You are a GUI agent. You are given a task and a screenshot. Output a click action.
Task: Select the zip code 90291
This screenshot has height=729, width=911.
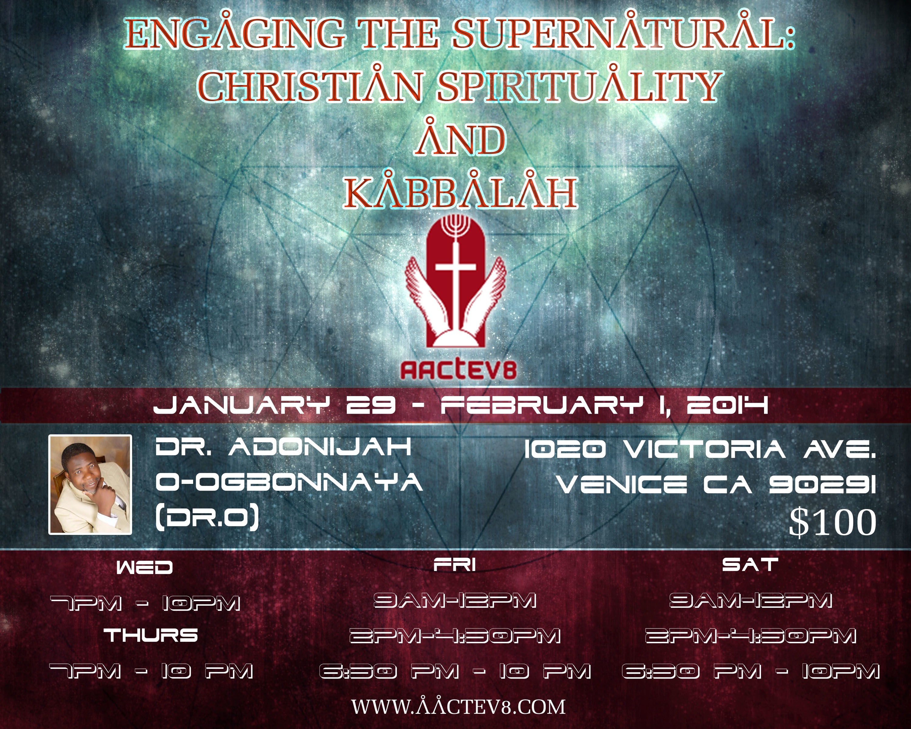pyautogui.click(x=822, y=484)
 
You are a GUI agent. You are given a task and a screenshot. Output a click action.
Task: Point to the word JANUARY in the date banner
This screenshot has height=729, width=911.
pyautogui.click(x=241, y=405)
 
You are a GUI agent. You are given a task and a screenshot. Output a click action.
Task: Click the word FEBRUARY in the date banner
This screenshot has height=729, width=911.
pyautogui.click(x=542, y=405)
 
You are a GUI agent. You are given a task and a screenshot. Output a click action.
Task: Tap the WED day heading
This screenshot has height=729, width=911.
pyautogui.click(x=145, y=567)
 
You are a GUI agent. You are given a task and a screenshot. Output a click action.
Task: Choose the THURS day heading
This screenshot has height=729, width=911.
pyautogui.click(x=151, y=635)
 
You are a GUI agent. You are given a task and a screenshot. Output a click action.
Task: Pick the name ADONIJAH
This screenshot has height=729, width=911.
pyautogui.click(x=319, y=447)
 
